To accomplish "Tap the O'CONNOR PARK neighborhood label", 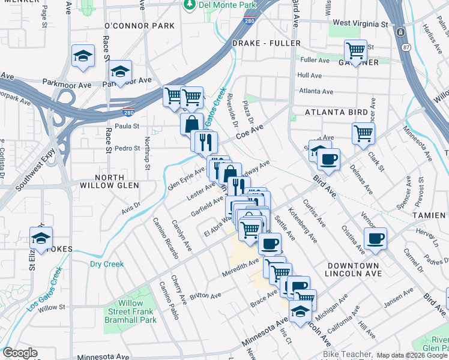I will click(139, 26).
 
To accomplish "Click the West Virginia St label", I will click(360, 24).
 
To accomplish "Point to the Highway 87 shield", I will click(406, 47).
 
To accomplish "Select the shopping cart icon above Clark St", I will click(363, 133).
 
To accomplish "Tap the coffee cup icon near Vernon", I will click(376, 238).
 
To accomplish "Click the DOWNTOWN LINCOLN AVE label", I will click(354, 269).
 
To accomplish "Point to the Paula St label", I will click(127, 126).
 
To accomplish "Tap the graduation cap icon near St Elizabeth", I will click(41, 238).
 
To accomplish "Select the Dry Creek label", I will click(106, 264).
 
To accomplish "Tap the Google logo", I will click(20, 353).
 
